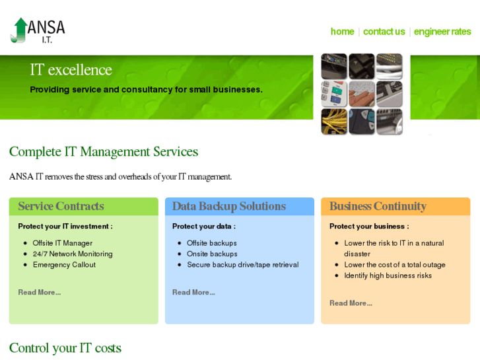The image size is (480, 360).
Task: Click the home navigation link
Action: (342, 32)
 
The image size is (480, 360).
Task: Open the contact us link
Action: (384, 32)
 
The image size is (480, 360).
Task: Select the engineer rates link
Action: (442, 32)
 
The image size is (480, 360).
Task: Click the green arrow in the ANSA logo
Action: (20, 30)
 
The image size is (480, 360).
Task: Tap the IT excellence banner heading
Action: (71, 70)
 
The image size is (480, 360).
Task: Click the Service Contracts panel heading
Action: (61, 206)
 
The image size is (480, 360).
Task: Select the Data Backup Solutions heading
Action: (228, 206)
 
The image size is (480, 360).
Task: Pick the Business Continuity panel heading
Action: (378, 206)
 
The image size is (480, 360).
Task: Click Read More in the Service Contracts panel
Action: (39, 292)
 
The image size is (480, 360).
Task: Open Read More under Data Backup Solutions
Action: (193, 292)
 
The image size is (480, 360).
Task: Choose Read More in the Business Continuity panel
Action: (351, 303)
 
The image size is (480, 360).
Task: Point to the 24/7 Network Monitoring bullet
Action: (73, 254)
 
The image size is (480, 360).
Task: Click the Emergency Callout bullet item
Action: (64, 265)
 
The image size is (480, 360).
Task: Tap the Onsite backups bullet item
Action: (212, 254)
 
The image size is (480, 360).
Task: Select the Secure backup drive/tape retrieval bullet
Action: (242, 265)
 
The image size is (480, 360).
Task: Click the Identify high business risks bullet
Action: (388, 275)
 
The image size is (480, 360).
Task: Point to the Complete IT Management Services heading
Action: (104, 152)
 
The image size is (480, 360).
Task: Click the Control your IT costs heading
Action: (65, 347)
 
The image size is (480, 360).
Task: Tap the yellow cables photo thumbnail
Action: (334, 122)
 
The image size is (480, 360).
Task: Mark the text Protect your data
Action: (203, 226)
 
